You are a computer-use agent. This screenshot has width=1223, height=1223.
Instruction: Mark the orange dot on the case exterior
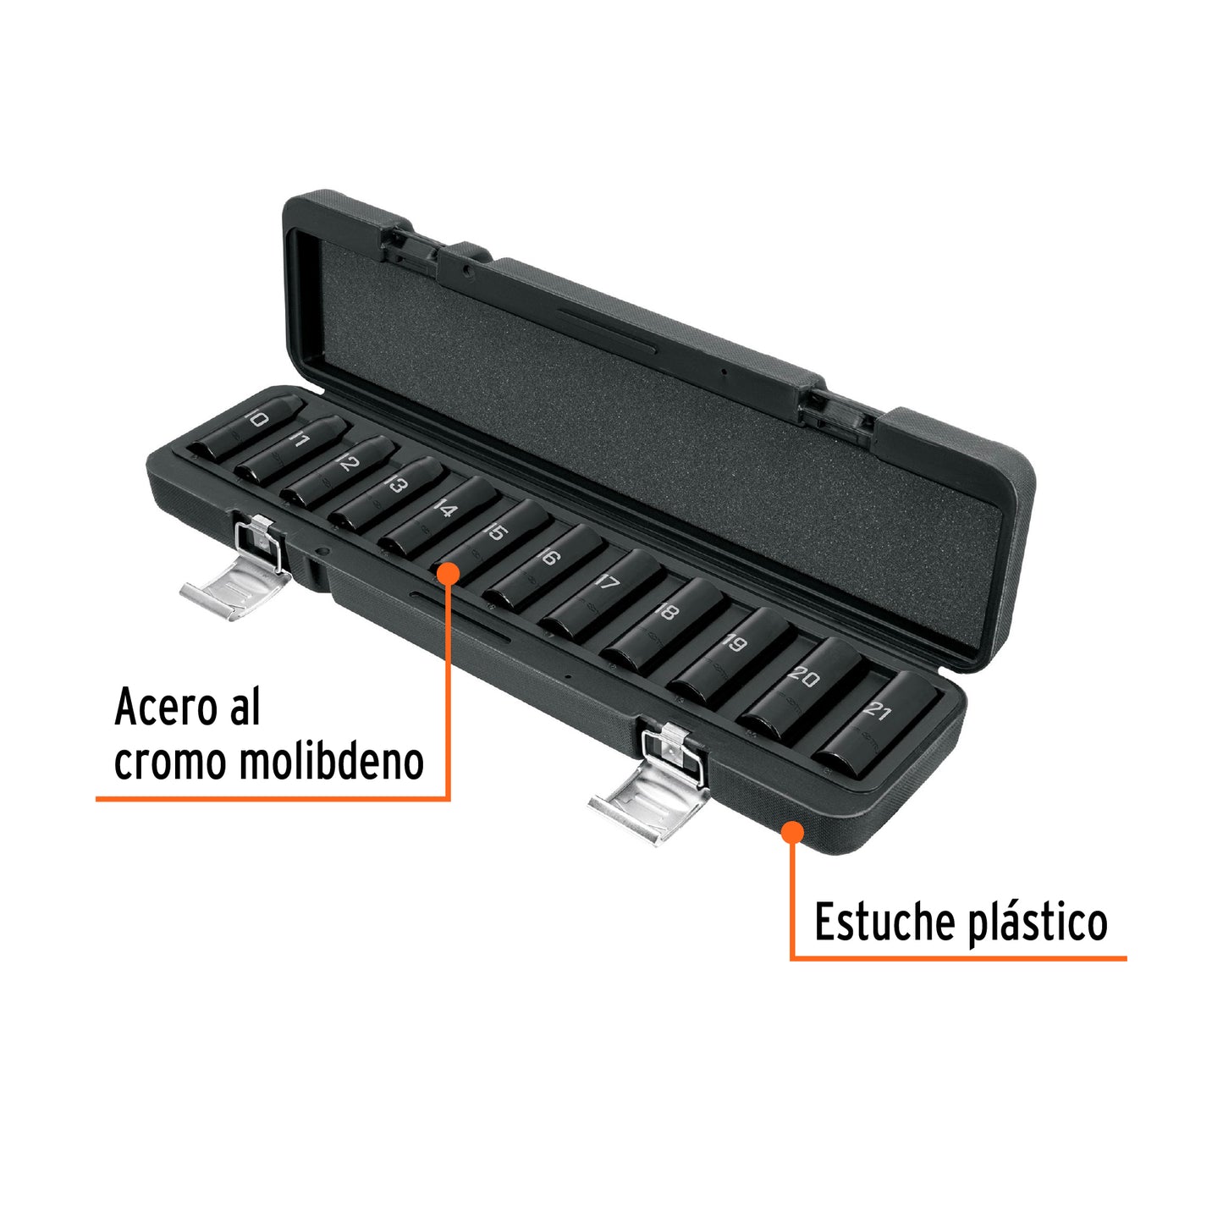pyautogui.click(x=793, y=832)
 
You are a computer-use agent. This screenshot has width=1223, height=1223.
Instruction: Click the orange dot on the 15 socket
pyautogui.click(x=449, y=573)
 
